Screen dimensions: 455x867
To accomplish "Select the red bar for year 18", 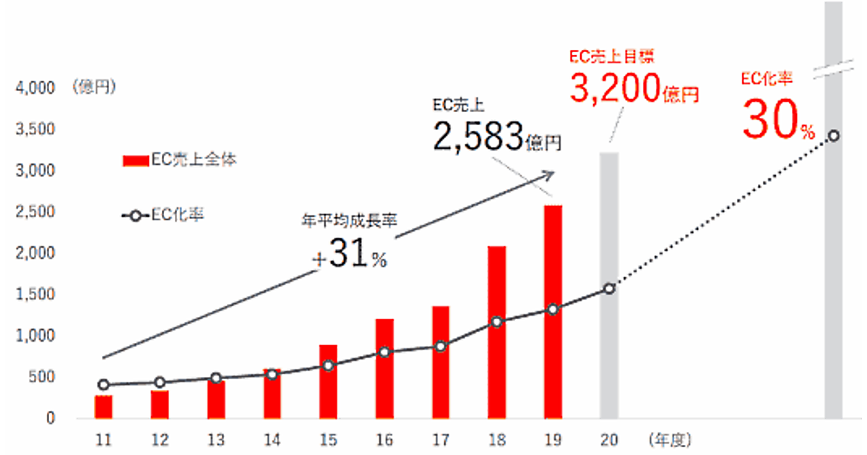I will coord(496,332).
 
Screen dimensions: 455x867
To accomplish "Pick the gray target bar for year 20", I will coord(609,285).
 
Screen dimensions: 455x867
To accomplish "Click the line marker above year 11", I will coord(103,385).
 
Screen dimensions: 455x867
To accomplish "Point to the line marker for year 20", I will coord(609,289).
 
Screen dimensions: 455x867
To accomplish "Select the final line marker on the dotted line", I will coord(834,136).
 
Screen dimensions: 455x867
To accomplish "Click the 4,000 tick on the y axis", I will coord(34,88).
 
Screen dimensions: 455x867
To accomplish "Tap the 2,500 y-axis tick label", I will coord(34,212).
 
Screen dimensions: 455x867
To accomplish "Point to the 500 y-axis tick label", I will coord(40,377).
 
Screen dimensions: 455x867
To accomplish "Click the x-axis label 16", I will coord(384,438).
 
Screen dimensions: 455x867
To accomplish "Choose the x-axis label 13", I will coord(215,438).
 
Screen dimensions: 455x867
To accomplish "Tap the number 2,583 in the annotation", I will coord(478,134).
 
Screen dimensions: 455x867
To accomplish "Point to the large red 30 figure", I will coord(769,121).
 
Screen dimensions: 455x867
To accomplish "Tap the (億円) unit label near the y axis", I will coord(94,88).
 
